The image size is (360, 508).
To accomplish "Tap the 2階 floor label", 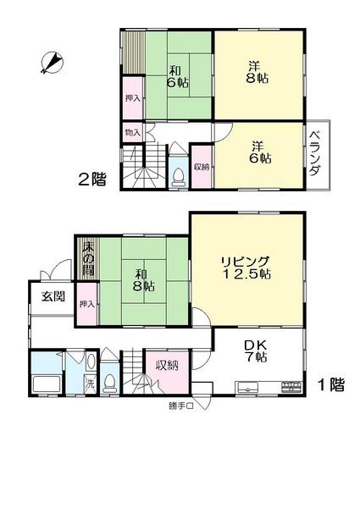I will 93,179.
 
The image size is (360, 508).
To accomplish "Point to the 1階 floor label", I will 330,385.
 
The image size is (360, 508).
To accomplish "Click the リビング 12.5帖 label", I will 246,267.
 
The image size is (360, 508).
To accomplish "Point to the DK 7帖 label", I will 255,351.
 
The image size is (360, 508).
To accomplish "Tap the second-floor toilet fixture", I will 179,175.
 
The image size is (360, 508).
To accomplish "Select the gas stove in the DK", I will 291,387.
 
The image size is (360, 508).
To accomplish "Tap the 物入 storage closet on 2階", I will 133,132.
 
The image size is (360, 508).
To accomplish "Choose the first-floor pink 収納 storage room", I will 165,366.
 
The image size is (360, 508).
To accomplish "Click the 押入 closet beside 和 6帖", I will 133,98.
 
